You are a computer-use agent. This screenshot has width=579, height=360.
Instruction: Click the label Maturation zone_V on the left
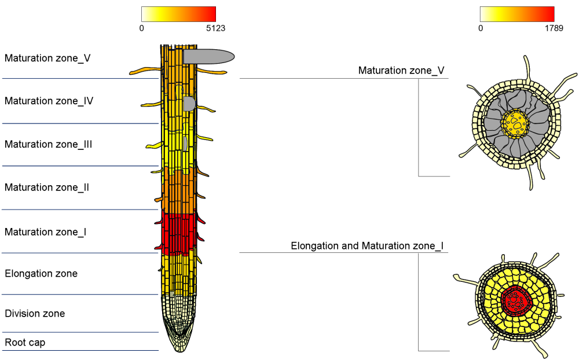click(47, 58)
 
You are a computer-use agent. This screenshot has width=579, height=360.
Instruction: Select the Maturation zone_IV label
click(49, 101)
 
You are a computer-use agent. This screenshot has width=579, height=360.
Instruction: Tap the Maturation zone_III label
click(49, 144)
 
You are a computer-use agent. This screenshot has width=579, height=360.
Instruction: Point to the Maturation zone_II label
click(47, 188)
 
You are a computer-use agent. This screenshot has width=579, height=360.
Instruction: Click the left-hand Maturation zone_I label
click(46, 232)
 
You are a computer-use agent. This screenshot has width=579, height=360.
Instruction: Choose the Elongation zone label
click(41, 273)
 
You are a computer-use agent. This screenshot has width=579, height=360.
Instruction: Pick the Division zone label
click(35, 314)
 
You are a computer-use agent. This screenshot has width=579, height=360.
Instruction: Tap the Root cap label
click(25, 343)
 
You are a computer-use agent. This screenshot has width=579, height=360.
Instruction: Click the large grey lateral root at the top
click(208, 56)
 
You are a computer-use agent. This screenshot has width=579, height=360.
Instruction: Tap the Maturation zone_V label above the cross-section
click(401, 71)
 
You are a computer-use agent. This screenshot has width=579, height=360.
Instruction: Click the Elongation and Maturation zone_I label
click(367, 246)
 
